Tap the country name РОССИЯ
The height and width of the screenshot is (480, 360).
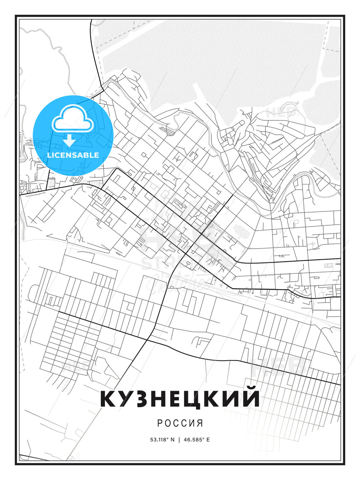[180, 423]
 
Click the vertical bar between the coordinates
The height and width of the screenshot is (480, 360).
[179, 439]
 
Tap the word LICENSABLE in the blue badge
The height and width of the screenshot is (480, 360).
[73, 155]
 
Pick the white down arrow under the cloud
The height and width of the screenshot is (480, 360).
[70, 140]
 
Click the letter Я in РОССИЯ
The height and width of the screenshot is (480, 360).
[200, 423]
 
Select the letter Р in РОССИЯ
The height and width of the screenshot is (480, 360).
[160, 423]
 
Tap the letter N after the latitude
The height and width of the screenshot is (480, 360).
[172, 439]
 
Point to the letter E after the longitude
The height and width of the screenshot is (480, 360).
[208, 439]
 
